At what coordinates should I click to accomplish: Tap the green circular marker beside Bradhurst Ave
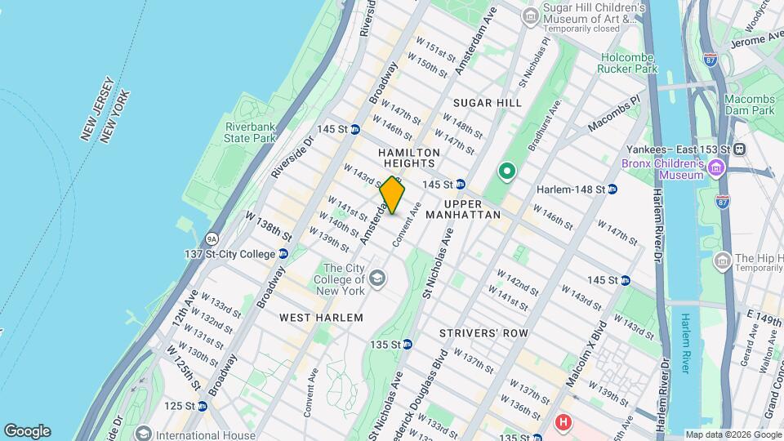click(x=506, y=171)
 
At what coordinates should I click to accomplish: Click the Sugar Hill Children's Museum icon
click(x=531, y=16)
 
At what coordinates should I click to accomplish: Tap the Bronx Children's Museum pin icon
click(x=716, y=168)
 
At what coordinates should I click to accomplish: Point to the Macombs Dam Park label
click(x=751, y=104)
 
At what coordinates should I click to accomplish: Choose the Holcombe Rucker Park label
click(x=629, y=63)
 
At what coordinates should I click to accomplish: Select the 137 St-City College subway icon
click(x=283, y=254)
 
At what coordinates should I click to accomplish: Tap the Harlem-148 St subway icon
click(x=612, y=189)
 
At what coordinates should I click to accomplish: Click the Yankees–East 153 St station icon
click(x=739, y=149)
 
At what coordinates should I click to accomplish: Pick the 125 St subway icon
click(x=202, y=406)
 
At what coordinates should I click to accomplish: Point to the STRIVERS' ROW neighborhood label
click(x=483, y=333)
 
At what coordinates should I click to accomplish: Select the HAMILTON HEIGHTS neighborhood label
click(x=409, y=158)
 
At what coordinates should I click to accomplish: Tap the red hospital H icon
click(x=563, y=422)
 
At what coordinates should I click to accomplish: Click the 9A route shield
click(x=212, y=238)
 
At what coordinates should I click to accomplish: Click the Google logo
click(x=27, y=431)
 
